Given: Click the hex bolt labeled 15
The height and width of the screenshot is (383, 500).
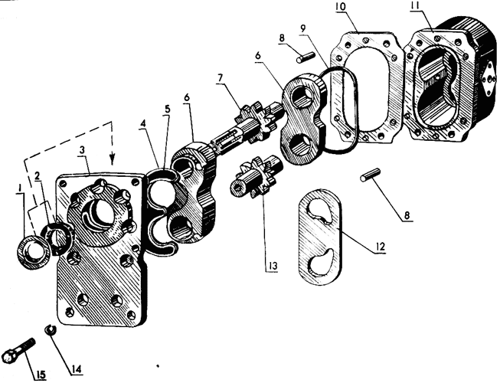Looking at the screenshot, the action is tap(18, 349).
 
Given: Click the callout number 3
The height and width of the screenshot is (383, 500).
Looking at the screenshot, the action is tap(83, 150).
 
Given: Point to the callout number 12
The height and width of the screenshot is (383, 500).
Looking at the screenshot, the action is tap(381, 246).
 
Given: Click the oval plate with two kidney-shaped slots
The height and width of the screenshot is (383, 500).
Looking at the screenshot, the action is tap(320, 237).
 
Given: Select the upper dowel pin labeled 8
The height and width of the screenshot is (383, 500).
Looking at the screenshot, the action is tap(306, 57).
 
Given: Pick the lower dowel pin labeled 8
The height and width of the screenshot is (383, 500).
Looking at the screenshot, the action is tap(370, 175).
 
